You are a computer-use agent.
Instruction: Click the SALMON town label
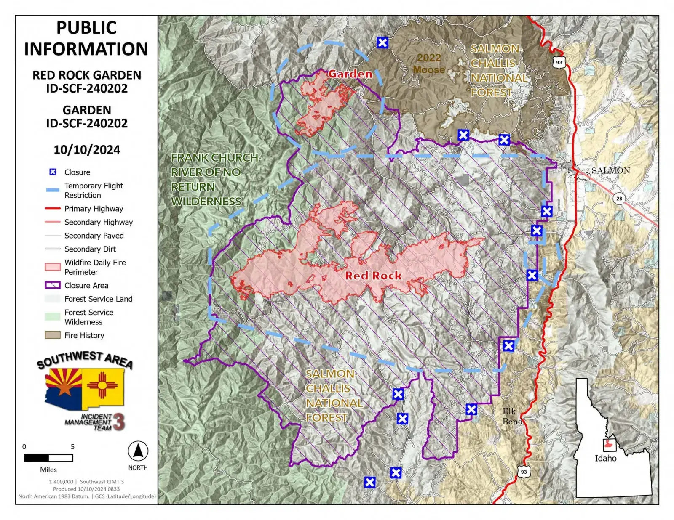[x=610, y=170]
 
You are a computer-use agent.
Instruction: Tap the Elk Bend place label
[x=512, y=416]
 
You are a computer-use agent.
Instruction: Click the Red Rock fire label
[x=373, y=276]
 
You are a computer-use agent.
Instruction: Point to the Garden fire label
[x=350, y=74]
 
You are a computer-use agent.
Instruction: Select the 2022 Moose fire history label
[x=429, y=64]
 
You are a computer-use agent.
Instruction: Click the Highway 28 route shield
[x=619, y=199]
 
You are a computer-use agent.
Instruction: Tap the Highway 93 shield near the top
[x=559, y=62]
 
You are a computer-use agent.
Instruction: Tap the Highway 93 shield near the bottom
[x=524, y=472]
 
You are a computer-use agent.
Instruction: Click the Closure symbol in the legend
[x=53, y=172]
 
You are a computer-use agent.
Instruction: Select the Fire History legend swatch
[x=53, y=335]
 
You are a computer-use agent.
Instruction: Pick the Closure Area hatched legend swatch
[x=53, y=285]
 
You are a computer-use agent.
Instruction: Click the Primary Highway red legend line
[x=53, y=209]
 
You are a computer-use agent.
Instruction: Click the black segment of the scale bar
[x=36, y=458]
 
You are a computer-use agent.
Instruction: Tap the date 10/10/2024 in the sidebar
[x=87, y=150]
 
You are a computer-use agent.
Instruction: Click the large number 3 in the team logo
[x=119, y=422]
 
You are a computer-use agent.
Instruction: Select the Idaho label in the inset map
[x=605, y=459]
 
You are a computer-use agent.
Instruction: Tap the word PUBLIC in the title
[x=86, y=28]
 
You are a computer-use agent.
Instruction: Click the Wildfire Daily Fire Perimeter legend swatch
[x=53, y=267]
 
